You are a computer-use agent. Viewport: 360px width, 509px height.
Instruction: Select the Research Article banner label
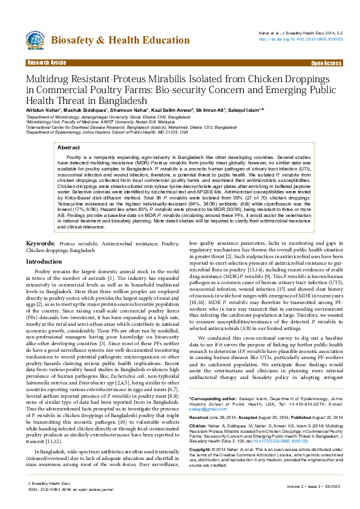click(x=47, y=63)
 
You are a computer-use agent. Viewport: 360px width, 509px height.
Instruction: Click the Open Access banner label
click(x=326, y=63)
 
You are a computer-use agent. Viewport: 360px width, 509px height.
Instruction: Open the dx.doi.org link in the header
click(x=301, y=39)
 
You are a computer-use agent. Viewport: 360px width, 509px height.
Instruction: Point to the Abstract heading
click(x=68, y=148)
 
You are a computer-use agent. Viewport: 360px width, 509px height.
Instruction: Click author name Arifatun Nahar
click(x=43, y=110)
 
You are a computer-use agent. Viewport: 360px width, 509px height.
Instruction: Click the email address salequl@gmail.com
click(x=203, y=392)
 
